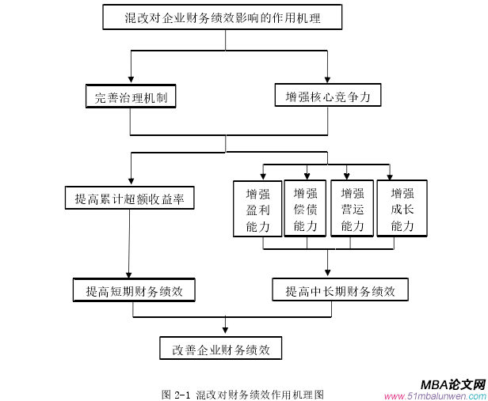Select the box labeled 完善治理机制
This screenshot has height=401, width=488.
tap(131, 97)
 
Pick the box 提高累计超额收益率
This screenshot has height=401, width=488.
tap(129, 199)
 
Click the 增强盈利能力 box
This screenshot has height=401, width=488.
tap(257, 210)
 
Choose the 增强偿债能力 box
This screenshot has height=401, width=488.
tap(305, 210)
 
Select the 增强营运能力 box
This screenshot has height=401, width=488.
tap(352, 210)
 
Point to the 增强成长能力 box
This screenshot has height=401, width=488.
tap(402, 210)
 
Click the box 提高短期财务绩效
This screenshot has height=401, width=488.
tap(134, 291)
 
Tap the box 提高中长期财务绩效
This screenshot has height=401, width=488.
tap(340, 290)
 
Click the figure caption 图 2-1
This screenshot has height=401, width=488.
tap(242, 393)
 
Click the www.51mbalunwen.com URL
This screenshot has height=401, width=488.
tap(435, 395)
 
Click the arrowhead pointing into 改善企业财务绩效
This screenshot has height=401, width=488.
tap(226, 331)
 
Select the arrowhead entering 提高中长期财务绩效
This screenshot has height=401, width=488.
tap(328, 273)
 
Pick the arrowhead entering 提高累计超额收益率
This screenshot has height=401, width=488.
tap(130, 181)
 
